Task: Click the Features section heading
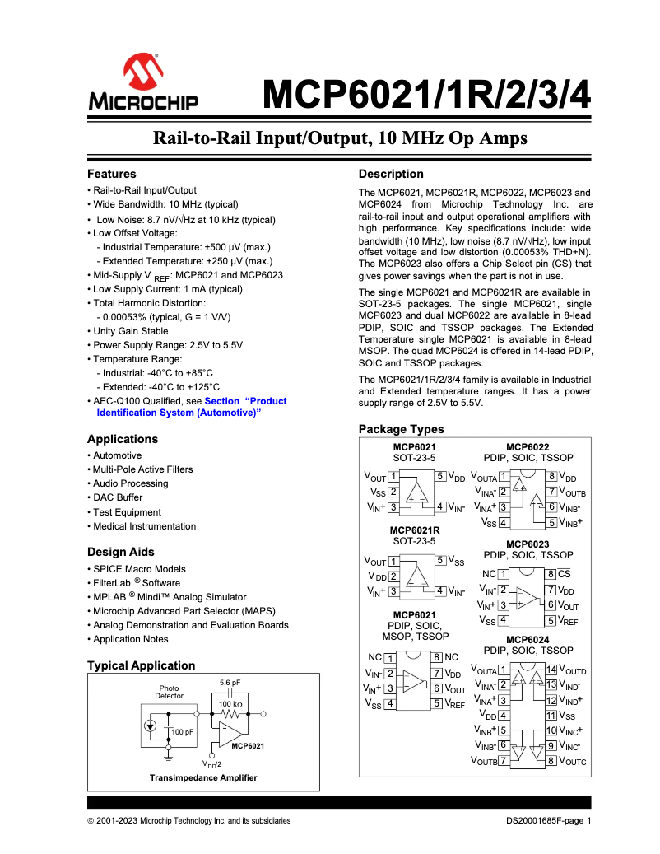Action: click(112, 174)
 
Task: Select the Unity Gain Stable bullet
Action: click(132, 331)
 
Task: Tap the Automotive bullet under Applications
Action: click(117, 455)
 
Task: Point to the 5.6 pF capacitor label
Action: click(230, 683)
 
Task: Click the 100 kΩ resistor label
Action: click(230, 704)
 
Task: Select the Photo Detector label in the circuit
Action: click(170, 692)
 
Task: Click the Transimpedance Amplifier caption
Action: click(202, 777)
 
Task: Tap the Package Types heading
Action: click(401, 429)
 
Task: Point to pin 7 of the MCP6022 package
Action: click(552, 492)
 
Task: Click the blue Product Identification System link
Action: click(188, 407)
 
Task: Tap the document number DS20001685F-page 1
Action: click(548, 820)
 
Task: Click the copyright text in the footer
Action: click(188, 820)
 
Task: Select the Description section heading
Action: click(391, 174)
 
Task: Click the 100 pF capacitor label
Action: click(182, 731)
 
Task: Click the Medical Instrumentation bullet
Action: click(144, 526)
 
